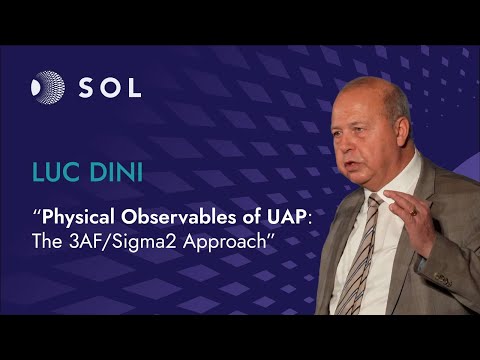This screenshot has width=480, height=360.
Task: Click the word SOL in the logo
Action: (109, 86)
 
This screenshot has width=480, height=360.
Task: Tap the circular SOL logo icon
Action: (47, 86)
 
